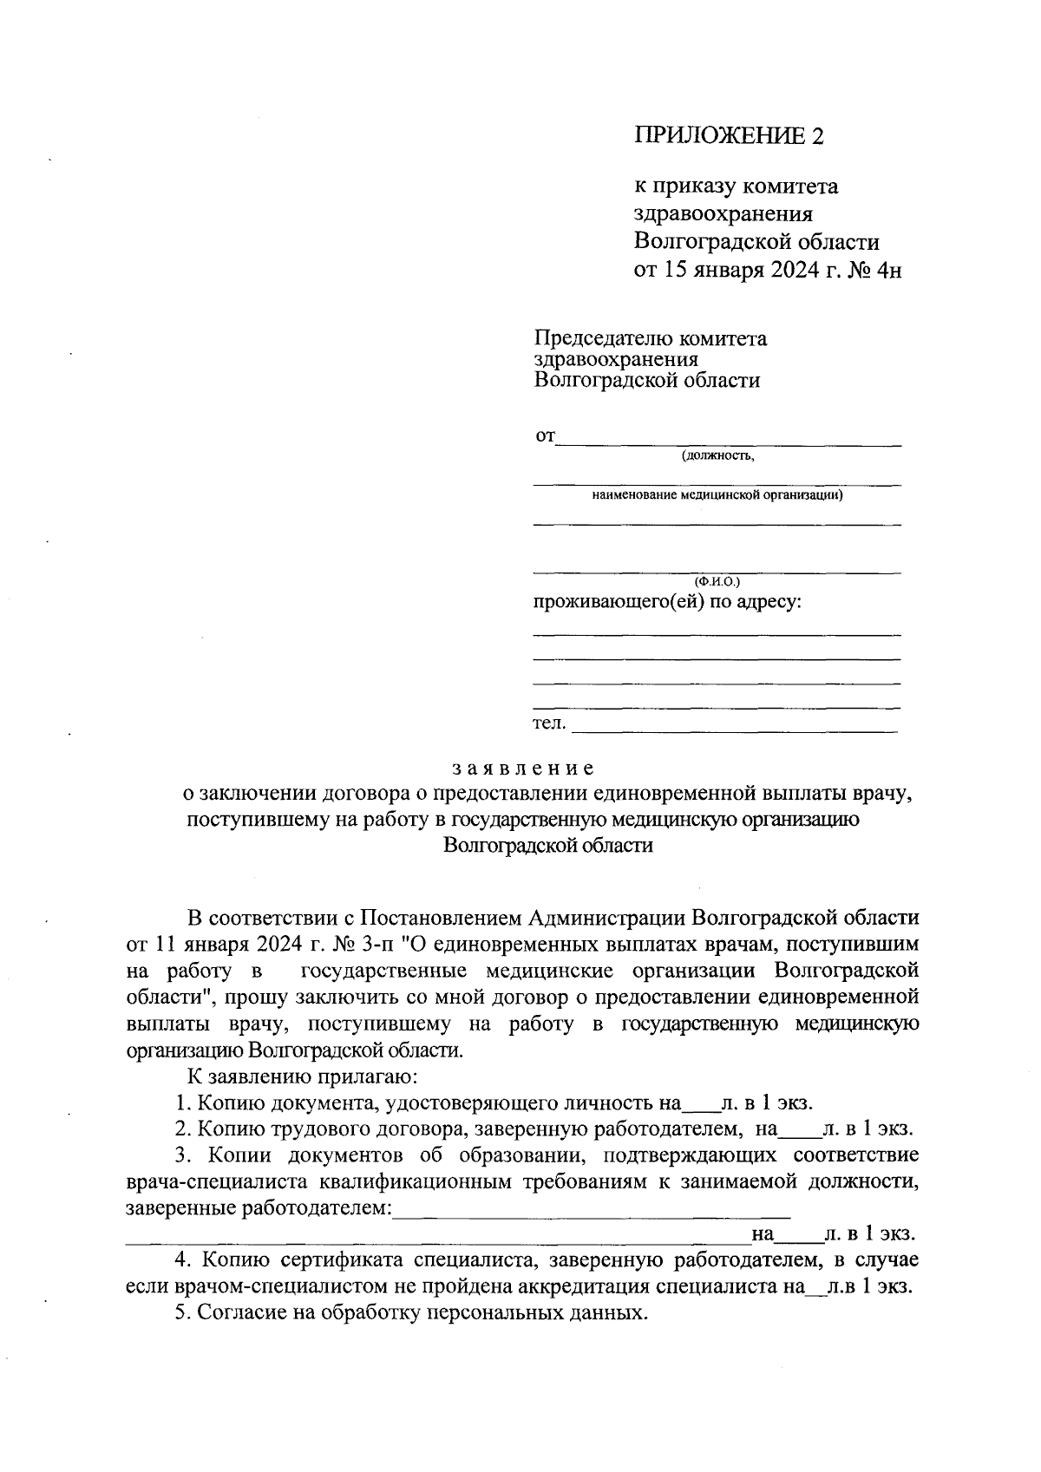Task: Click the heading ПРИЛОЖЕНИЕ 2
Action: point(728,135)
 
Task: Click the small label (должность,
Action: point(717,456)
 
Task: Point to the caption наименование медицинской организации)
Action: point(717,496)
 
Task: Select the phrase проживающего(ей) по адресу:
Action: point(665,602)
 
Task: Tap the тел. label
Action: point(548,723)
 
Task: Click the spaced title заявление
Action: point(523,769)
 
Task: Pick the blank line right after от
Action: point(729,443)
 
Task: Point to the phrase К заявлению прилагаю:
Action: point(304,1077)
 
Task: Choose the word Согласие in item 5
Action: point(237,1313)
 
